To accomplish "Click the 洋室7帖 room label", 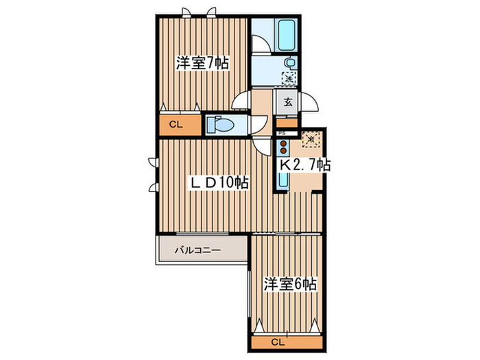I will (x=202, y=64).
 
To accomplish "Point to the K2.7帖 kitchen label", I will (x=304, y=165).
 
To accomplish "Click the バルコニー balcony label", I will (x=197, y=250).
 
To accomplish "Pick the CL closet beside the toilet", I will (x=176, y=125).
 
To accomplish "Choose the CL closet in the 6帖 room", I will (x=277, y=341).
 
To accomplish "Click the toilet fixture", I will (x=219, y=125).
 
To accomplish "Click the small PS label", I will (x=281, y=133).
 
